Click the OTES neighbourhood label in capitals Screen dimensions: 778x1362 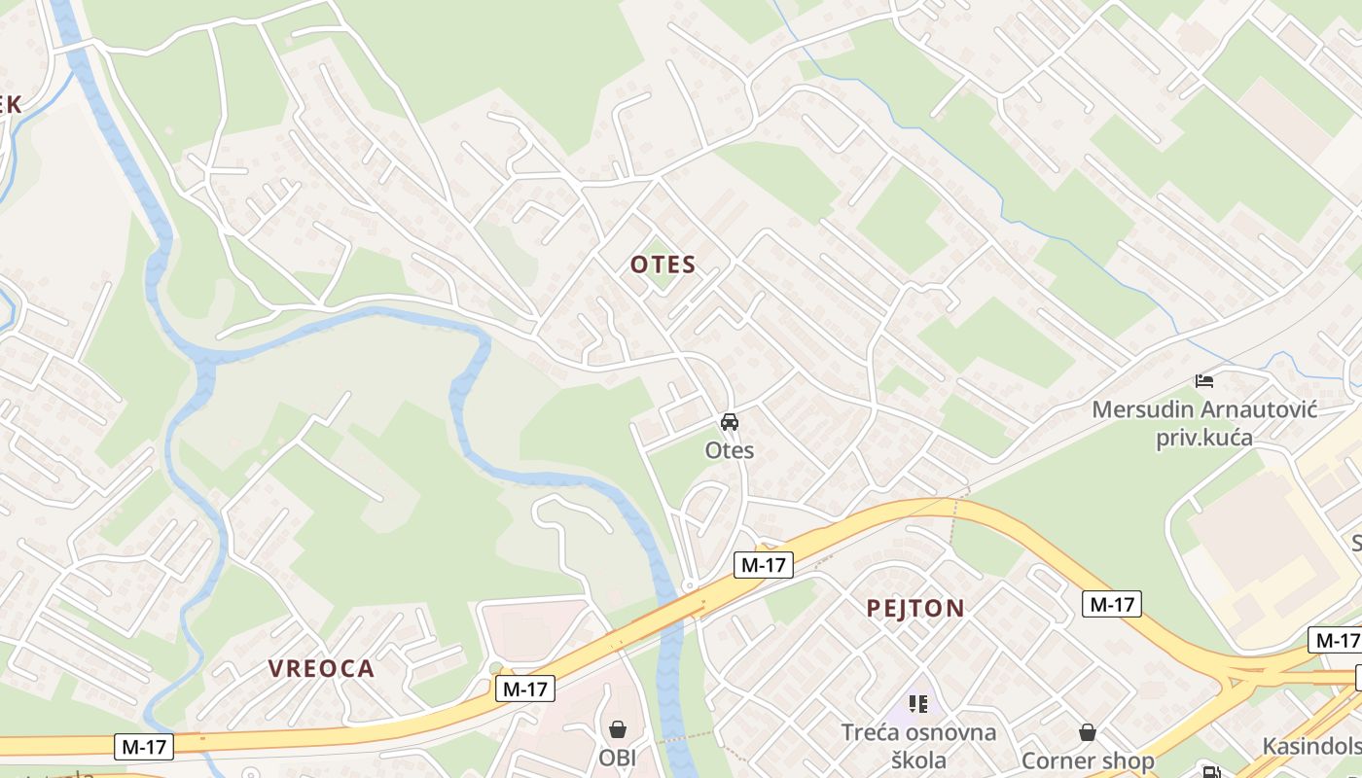coord(663,265)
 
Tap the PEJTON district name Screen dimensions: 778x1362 coord(915,609)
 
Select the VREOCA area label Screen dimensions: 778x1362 coord(321,668)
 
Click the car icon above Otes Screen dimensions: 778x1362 coord(730,422)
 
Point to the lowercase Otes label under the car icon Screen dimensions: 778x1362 coord(730,450)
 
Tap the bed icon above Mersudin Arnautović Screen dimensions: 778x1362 coord(1204,381)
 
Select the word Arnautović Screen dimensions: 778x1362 coord(1262,409)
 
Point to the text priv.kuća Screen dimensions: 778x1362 coord(1204,438)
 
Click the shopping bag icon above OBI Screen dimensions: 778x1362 coord(617,728)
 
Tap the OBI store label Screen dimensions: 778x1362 coord(617,757)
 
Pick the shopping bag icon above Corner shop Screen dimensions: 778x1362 coord(1088,731)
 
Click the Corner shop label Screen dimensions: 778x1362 coord(1088,760)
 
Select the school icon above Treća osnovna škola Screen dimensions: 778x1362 coord(918,703)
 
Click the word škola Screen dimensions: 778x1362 coord(918,760)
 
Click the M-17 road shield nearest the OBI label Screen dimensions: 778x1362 coord(525,690)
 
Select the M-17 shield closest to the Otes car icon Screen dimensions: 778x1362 coord(764,564)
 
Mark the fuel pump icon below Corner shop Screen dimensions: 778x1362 coord(1211,773)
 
